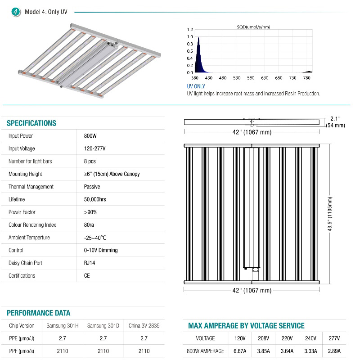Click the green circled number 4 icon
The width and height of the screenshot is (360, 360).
click(17, 12)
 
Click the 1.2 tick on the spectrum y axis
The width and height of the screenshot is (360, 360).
click(189, 30)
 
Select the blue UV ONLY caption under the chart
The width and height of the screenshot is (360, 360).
click(196, 86)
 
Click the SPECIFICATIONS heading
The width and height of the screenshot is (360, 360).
click(31, 123)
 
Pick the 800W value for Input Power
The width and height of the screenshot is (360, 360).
click(90, 136)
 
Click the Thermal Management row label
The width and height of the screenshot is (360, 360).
click(31, 187)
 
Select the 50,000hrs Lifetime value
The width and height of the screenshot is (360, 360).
click(95, 199)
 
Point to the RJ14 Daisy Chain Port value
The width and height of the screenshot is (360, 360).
click(90, 263)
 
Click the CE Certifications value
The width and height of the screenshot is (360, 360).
click(87, 275)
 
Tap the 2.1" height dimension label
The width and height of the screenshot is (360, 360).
click(335, 119)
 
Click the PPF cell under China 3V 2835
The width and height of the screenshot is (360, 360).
click(144, 351)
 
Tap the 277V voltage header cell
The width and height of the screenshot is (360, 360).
click(334, 338)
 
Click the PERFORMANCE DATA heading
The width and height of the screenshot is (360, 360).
click(38, 313)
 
